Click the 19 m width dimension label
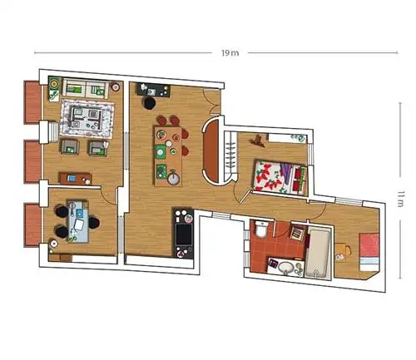pyautogui.click(x=230, y=53)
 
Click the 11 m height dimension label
pyautogui.click(x=400, y=199)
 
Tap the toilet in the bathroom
pyautogui.click(x=261, y=229)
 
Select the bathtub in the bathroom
pyautogui.click(x=318, y=253)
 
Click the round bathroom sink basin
pyautogui.click(x=286, y=268)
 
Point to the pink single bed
pyautogui.click(x=369, y=252)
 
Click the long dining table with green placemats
pyautogui.click(x=168, y=156)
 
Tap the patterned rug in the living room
pyautogui.click(x=87, y=119)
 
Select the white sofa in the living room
pyautogui.click(x=86, y=88)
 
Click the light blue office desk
pyautogui.click(x=78, y=221)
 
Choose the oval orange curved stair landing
pyautogui.click(x=212, y=151)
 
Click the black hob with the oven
pyautogui.click(x=183, y=234)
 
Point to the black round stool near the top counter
pyautogui.click(x=150, y=103)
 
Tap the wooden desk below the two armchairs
pyautogui.click(x=75, y=179)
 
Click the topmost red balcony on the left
pyautogui.click(x=32, y=102)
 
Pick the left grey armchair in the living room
pyautogui.click(x=70, y=147)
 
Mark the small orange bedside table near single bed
pyautogui.click(x=341, y=252)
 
